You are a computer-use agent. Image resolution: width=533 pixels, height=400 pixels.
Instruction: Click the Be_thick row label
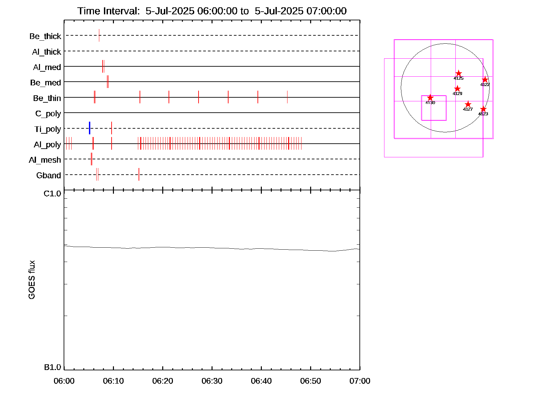tap(45, 36)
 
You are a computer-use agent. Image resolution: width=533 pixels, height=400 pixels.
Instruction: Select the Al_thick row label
tap(47, 52)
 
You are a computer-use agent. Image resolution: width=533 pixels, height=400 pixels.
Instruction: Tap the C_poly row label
tap(48, 114)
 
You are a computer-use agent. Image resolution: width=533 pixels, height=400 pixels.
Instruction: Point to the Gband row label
tap(49, 175)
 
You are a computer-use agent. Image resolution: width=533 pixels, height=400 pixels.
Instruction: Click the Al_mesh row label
tap(45, 160)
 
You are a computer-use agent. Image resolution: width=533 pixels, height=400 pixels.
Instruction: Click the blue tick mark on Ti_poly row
tap(90, 128)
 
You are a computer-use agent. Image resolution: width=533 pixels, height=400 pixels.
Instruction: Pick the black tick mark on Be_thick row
tap(99, 35)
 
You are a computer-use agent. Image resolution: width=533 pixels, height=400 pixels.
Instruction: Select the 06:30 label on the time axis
tap(212, 381)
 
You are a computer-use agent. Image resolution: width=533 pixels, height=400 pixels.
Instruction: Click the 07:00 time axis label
tap(360, 381)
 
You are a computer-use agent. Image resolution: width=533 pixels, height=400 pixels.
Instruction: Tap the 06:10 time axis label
tap(113, 381)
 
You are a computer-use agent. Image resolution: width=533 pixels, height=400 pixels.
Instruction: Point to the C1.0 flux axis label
tap(52, 194)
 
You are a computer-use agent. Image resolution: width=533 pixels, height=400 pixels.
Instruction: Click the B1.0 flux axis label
tap(52, 367)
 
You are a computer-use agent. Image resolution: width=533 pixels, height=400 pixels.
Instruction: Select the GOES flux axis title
tap(32, 280)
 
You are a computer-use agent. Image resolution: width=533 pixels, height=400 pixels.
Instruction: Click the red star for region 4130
tap(430, 98)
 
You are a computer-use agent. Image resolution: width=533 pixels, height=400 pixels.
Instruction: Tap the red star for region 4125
tap(458, 73)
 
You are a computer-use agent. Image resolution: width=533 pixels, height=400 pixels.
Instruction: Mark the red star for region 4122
tap(485, 80)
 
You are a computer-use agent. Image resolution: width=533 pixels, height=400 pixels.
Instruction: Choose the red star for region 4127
tap(468, 104)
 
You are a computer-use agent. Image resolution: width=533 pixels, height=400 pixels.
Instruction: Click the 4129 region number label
tap(457, 94)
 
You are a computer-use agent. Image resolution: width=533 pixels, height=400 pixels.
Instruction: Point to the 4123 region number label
tap(483, 114)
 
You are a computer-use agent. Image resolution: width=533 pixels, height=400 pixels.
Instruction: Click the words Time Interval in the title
tap(109, 11)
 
